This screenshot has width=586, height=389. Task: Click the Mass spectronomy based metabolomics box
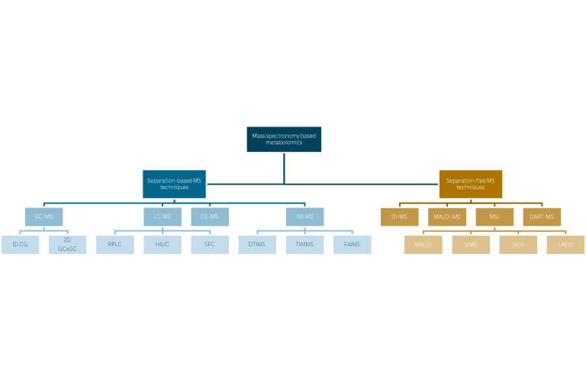point(284,140)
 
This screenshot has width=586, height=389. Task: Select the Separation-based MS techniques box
point(174,184)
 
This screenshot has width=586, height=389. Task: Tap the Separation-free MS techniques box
point(471,184)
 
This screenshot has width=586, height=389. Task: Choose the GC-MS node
point(43,217)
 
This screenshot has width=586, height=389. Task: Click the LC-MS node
point(163,217)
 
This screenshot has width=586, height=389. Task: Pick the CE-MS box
point(210,217)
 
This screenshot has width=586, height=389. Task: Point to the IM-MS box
point(304,217)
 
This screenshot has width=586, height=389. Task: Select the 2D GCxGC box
point(67,245)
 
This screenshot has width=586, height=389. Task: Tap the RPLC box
point(115,245)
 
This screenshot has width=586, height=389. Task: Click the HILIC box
point(163,245)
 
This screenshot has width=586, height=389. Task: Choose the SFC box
point(210,245)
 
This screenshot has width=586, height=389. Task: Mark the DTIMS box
point(257,245)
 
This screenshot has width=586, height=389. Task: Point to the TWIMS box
point(304,245)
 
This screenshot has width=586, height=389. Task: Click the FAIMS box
point(352,245)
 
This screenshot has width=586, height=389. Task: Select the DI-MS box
point(400,217)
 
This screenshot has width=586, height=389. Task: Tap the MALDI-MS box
point(447,217)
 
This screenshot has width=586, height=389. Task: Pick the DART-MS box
point(542,217)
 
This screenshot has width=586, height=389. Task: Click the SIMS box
point(471,245)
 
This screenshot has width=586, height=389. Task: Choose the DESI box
point(518,245)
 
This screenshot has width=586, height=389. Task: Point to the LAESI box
point(565,245)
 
